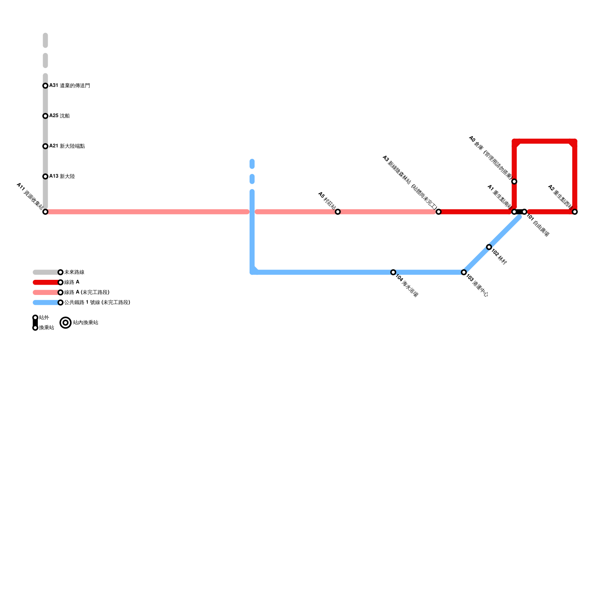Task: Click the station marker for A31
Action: click(45, 86)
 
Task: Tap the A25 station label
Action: click(59, 116)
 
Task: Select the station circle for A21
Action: click(45, 146)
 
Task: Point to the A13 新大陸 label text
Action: click(62, 177)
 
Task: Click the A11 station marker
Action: click(45, 212)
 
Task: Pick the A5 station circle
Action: click(338, 212)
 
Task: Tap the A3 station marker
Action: click(438, 212)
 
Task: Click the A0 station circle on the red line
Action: click(514, 181)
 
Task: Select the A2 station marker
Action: click(575, 212)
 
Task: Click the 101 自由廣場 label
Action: click(538, 226)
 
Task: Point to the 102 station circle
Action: click(489, 247)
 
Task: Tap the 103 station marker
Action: click(464, 272)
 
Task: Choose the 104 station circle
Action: click(393, 272)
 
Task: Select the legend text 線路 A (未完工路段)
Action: click(87, 292)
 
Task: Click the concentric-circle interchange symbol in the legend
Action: click(66, 323)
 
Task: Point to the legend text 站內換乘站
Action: click(85, 323)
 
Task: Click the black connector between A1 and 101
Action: click(519, 212)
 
